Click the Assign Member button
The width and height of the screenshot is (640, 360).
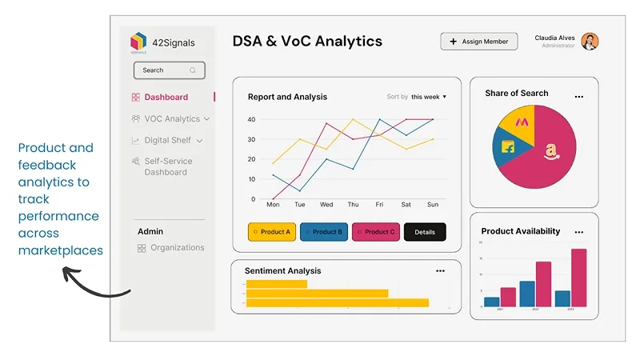point(479,42)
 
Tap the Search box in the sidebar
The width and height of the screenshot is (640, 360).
point(169,70)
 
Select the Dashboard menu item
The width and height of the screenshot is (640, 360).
point(166,98)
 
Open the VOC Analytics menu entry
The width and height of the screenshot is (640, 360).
point(171,119)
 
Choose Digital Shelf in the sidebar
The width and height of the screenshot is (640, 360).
point(167,141)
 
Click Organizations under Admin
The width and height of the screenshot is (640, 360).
point(177,248)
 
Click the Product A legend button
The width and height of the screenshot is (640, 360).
point(271,232)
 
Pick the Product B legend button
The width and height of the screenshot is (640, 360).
point(324,232)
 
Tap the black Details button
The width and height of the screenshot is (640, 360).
point(425,232)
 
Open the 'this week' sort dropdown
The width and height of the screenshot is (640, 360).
point(428,97)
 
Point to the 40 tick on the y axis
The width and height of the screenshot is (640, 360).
point(251,119)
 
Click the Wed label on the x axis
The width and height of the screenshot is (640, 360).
point(326,205)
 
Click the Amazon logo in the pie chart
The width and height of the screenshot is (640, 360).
point(550,150)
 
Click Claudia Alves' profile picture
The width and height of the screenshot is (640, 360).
point(590,42)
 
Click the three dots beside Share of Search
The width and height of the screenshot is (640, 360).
point(579,97)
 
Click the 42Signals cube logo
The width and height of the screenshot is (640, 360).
point(138,42)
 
